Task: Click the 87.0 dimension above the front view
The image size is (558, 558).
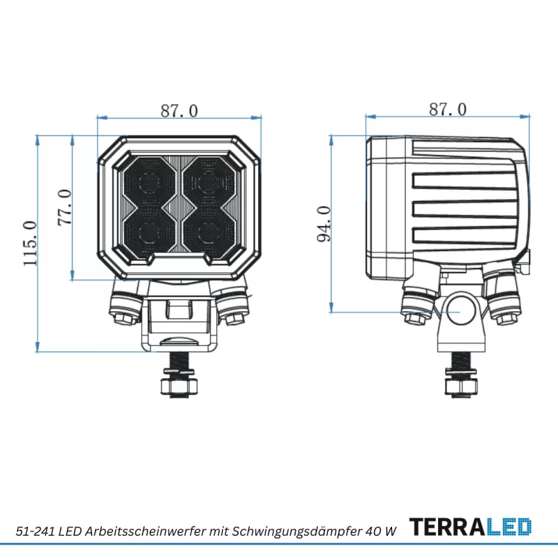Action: coord(179,111)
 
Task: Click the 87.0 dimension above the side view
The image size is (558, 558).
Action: coord(448,110)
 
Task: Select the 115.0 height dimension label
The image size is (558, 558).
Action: coord(30,243)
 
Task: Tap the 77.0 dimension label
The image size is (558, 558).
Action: coord(65,207)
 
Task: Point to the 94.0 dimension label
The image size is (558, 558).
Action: coord(324,224)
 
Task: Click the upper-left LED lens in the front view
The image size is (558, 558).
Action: coord(149,183)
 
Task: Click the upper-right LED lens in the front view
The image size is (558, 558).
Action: coord(209,183)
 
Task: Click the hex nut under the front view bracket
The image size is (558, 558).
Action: coord(179,386)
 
